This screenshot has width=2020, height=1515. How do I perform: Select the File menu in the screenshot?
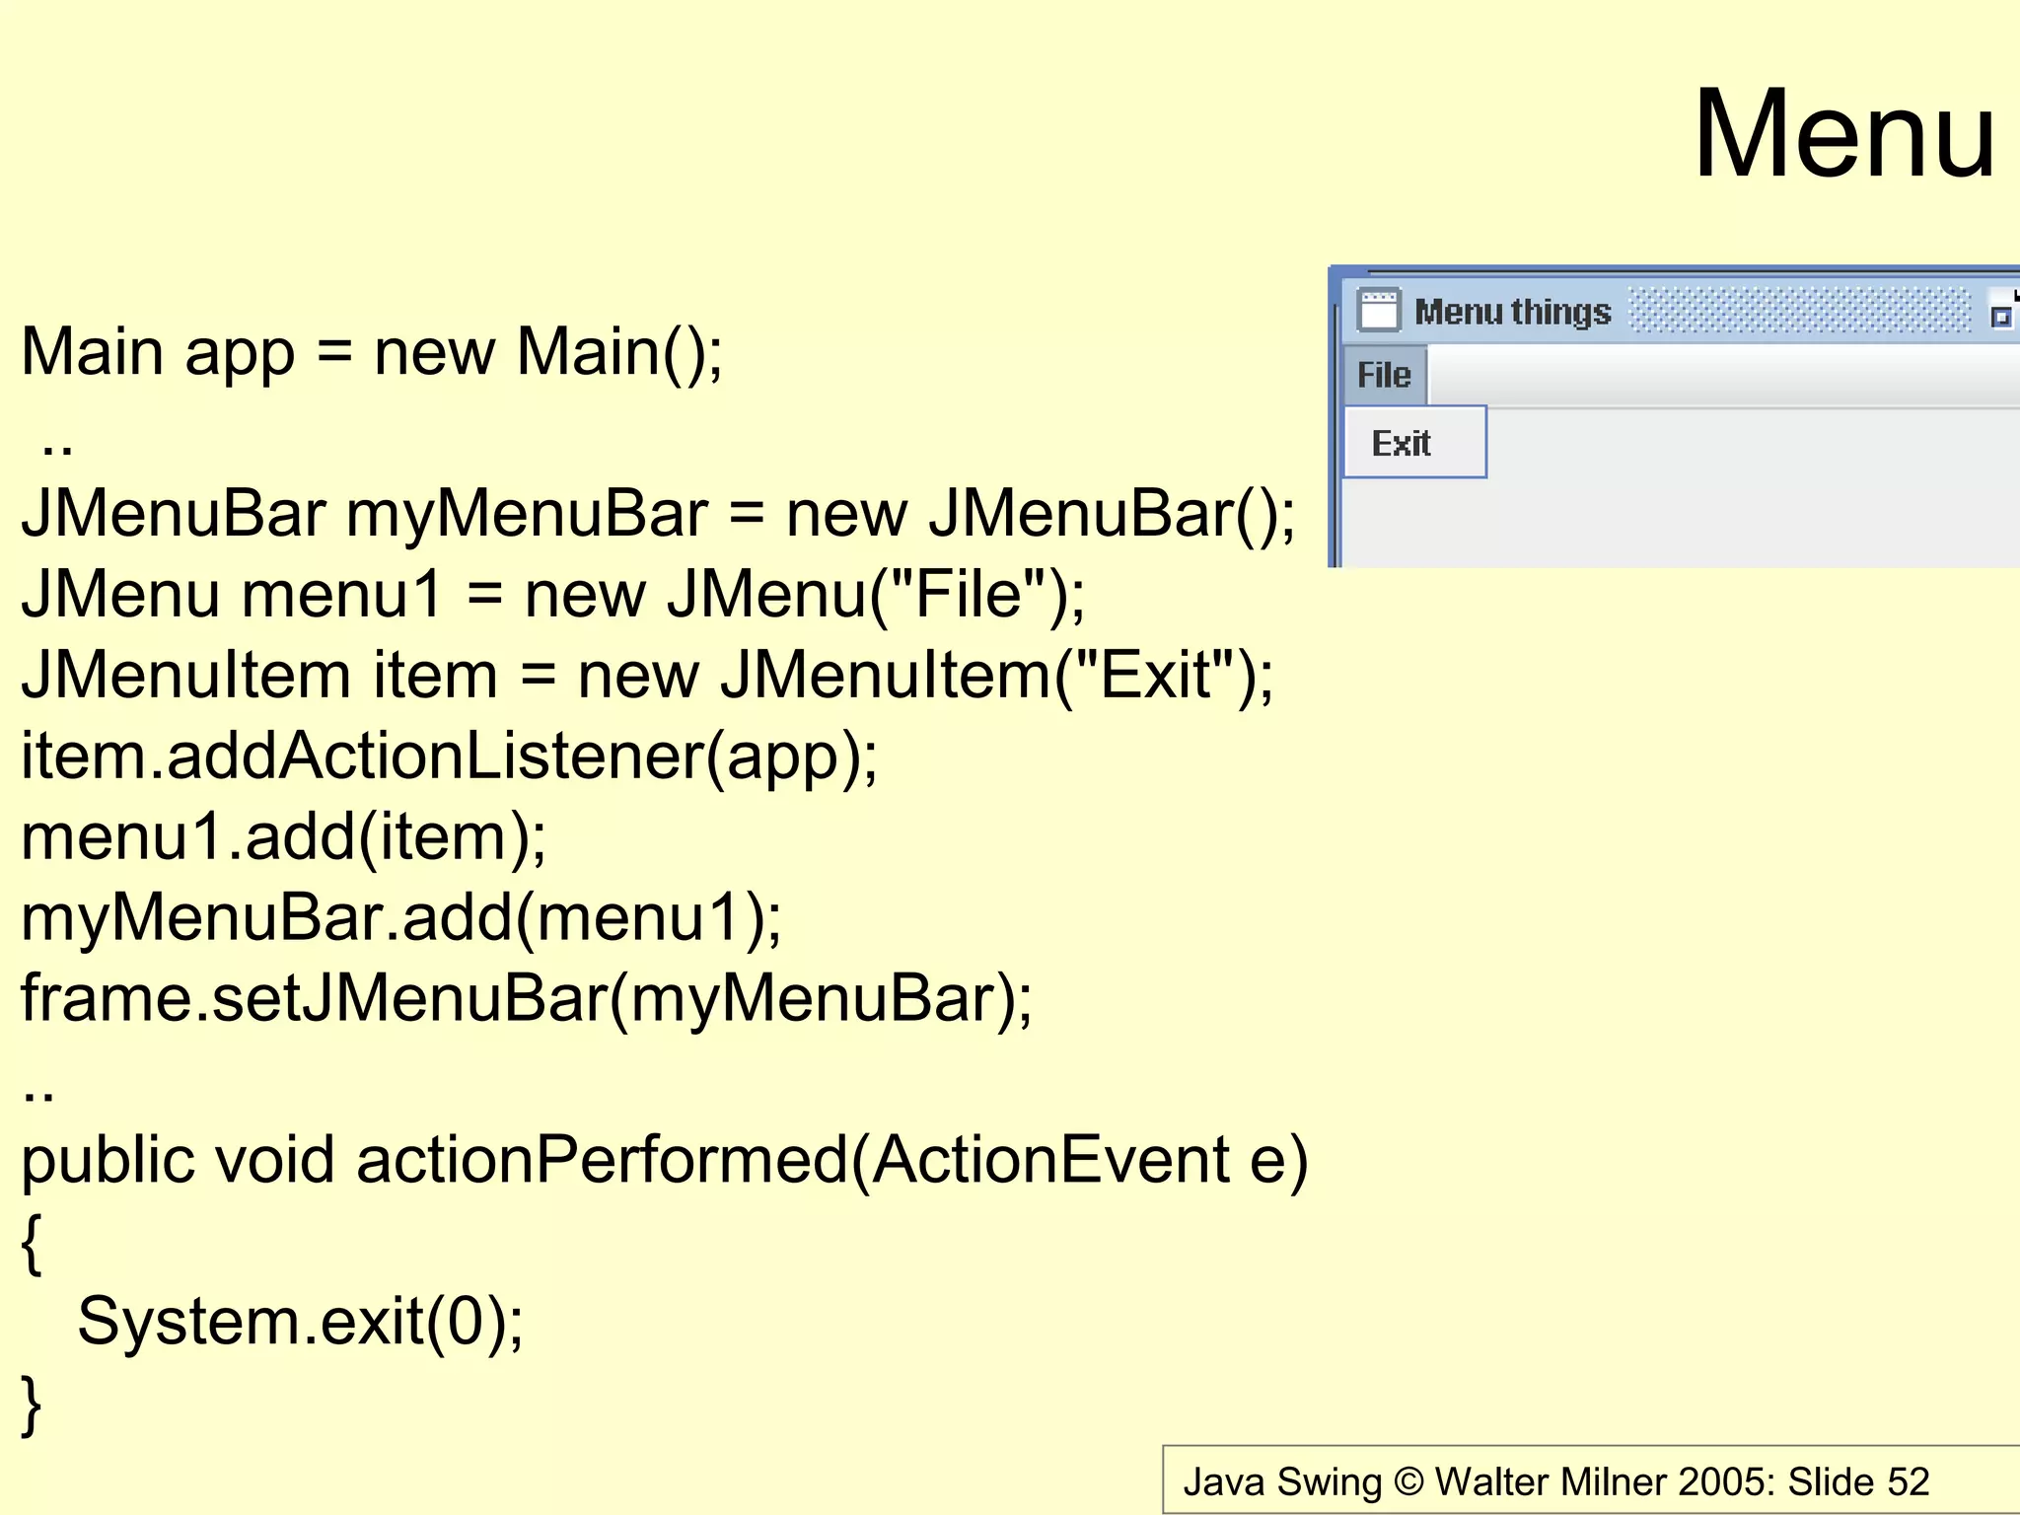click(1384, 375)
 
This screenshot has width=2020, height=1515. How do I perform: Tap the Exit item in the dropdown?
click(1402, 443)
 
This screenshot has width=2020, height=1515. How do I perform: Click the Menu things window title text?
click(1512, 312)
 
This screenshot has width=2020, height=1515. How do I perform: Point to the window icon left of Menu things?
click(1378, 310)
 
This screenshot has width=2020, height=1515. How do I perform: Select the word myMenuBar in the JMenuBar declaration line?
click(527, 515)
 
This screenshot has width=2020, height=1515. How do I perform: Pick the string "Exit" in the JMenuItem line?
click(1155, 676)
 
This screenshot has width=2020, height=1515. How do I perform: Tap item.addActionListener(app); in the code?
click(449, 757)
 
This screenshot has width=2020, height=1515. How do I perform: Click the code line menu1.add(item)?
click(283, 837)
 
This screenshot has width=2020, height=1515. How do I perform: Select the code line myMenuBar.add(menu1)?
click(400, 918)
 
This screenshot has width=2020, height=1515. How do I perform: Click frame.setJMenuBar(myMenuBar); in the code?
click(527, 999)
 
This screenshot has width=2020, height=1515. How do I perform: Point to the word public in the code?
click(107, 1161)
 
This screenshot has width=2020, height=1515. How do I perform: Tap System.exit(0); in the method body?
click(300, 1322)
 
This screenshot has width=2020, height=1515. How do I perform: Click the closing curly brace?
click(32, 1405)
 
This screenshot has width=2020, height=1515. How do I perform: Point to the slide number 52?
click(1908, 1481)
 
